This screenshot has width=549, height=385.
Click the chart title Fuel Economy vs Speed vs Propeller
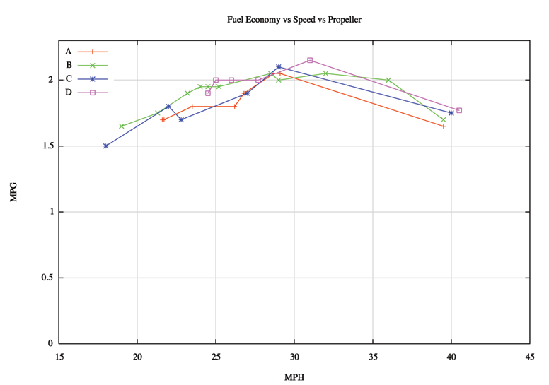[294, 20]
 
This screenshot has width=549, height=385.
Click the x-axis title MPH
[294, 377]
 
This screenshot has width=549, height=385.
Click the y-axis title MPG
[13, 192]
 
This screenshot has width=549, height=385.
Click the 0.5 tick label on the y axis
[47, 278]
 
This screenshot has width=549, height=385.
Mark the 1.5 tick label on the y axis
[47, 146]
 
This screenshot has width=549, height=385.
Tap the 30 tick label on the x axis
[294, 357]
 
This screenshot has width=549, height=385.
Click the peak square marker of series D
[310, 60]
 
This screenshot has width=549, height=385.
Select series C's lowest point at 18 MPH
[106, 146]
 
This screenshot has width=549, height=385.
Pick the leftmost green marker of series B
[122, 126]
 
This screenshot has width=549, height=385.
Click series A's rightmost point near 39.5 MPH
[444, 126]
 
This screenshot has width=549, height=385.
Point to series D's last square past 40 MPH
[459, 110]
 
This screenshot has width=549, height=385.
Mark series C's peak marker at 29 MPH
[279, 66]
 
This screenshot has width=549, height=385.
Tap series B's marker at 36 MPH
[388, 80]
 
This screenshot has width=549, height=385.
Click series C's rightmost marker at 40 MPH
[451, 113]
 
